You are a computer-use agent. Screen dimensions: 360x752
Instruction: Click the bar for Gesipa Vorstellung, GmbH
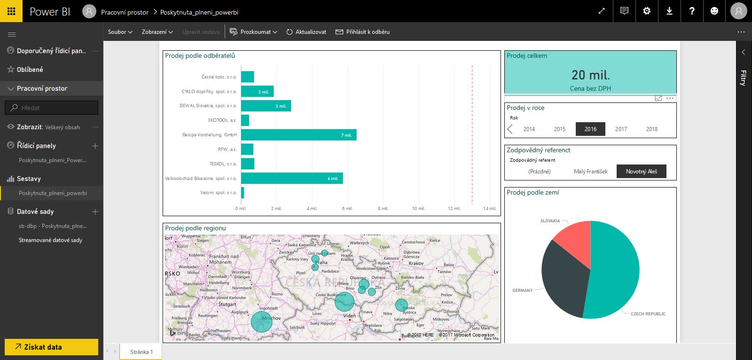tap(298, 135)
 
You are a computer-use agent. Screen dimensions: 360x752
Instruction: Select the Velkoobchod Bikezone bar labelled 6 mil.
tap(291, 178)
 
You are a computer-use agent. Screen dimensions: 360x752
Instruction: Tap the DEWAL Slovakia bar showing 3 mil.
tap(266, 106)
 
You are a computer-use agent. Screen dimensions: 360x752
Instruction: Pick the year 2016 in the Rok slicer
tap(590, 129)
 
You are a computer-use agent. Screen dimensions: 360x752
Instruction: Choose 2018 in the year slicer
tap(651, 129)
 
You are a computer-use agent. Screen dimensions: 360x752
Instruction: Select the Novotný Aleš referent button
tap(641, 172)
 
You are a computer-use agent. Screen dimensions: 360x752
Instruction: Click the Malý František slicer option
tap(590, 172)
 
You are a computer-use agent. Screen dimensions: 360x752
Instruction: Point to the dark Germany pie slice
tap(564, 277)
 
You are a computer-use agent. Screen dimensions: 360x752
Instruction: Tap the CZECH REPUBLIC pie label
tap(648, 314)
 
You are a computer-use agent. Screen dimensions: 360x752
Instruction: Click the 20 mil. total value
tap(590, 75)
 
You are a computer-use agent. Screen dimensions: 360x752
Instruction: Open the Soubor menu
tap(120, 32)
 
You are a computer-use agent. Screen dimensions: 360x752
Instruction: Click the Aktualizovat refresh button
tap(306, 32)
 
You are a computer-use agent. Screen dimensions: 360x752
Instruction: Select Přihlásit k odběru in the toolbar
tap(362, 32)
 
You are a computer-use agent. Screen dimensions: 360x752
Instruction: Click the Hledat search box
tap(52, 108)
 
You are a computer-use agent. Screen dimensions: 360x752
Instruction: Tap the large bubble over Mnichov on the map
tap(262, 322)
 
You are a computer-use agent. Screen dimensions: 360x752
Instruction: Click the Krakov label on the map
tap(416, 263)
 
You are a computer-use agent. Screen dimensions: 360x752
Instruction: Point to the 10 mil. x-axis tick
tap(418, 208)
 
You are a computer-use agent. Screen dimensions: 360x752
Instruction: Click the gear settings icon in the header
tap(647, 11)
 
